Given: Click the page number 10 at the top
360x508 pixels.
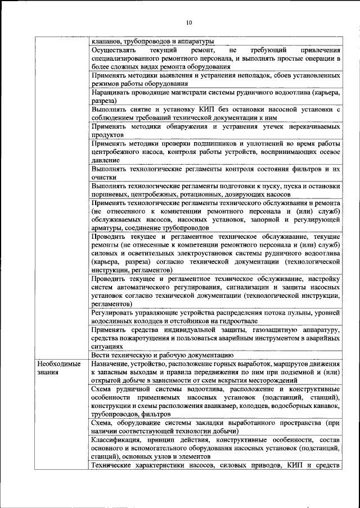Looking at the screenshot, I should pyautogui.click(x=188, y=22).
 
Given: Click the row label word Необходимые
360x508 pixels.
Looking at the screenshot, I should pyautogui.click(x=56, y=364).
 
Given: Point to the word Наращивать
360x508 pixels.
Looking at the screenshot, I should pyautogui.click(x=111, y=92).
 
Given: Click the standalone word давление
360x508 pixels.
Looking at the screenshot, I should pyautogui.click(x=104, y=160).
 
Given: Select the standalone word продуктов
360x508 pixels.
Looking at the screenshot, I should pyautogui.click(x=106, y=135).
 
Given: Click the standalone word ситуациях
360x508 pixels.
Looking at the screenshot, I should pyautogui.click(x=105, y=347).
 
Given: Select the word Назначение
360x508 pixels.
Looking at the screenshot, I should pyautogui.click(x=111, y=364).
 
